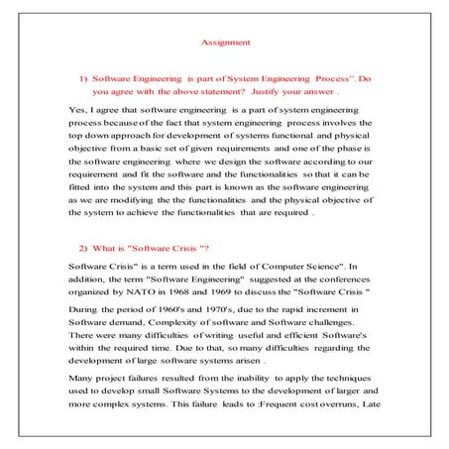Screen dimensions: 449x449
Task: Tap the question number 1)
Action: (x=83, y=77)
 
